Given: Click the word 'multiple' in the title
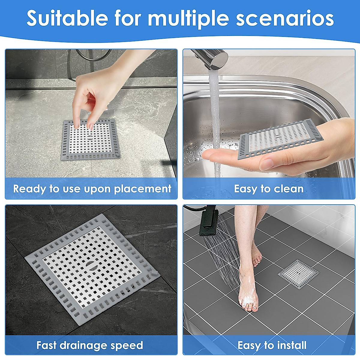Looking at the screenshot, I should click(189, 19).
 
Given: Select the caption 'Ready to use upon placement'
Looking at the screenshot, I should click(92, 189).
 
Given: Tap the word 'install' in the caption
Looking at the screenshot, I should click(292, 345).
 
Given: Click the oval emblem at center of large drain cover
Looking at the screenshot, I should click(90, 264).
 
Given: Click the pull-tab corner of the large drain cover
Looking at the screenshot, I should click(154, 273).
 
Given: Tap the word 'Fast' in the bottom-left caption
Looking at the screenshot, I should click(46, 345).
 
